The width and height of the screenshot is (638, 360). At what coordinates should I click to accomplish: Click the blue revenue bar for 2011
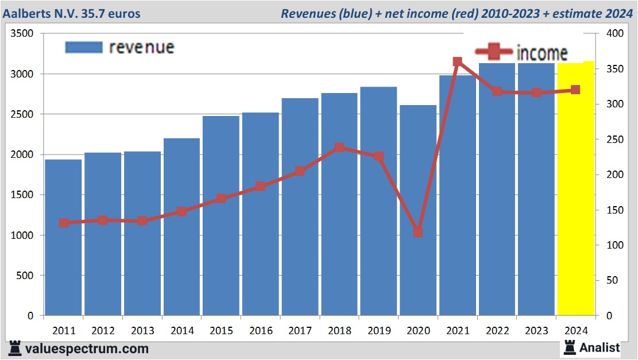click(x=63, y=238)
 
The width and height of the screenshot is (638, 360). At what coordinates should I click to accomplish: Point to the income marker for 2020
click(x=418, y=233)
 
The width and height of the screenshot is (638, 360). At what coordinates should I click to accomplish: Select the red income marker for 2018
click(x=339, y=148)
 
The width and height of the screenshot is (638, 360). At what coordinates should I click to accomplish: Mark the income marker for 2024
click(x=575, y=90)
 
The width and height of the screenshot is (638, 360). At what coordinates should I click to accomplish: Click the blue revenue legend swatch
click(x=84, y=47)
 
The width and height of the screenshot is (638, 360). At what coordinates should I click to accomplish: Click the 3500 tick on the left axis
click(x=23, y=34)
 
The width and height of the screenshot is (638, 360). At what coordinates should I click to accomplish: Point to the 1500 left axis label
click(x=23, y=195)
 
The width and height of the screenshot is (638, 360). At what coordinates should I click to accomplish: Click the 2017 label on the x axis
click(x=300, y=331)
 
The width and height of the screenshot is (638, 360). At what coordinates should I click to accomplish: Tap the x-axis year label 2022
click(x=497, y=331)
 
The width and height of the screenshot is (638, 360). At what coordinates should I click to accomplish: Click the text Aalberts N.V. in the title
click(x=45, y=13)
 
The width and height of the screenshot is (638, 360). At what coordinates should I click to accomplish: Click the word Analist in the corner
click(x=600, y=347)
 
